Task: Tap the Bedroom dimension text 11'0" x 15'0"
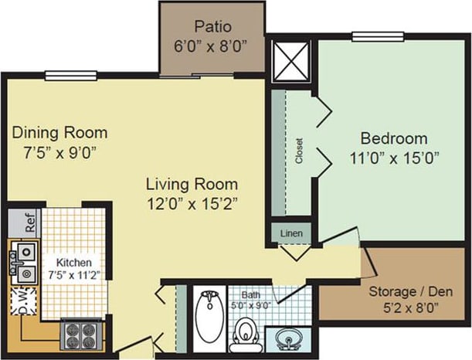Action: click(394, 158)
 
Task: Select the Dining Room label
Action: click(59, 132)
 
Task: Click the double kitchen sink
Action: click(25, 262)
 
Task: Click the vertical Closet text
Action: click(299, 151)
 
